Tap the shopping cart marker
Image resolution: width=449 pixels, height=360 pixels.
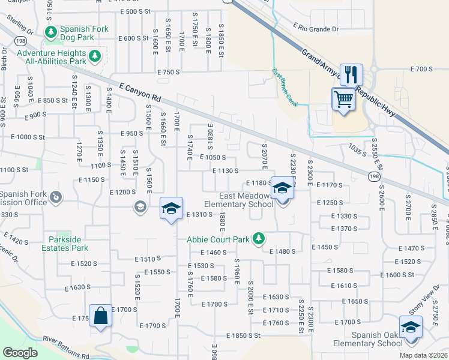pos(343,98)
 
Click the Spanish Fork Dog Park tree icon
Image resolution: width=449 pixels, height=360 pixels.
pos(52,31)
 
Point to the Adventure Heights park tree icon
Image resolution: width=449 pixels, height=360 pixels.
pos(95,56)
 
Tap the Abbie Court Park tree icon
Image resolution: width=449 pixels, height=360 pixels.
pos(259,239)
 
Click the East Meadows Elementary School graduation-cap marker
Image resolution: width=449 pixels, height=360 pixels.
pos(282,190)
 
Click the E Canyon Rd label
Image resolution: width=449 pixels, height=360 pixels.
pos(140,92)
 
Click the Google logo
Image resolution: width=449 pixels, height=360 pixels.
pos(20,352)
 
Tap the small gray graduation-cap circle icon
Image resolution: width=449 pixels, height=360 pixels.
pos(139,207)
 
